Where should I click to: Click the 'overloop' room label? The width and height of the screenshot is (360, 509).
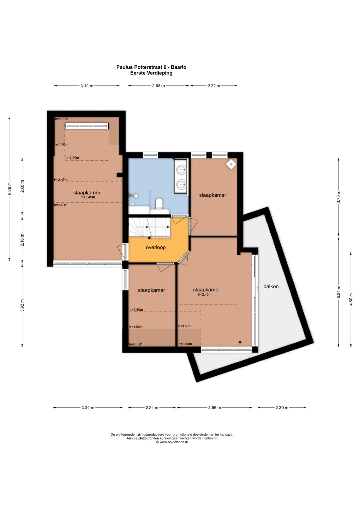tap(156, 247)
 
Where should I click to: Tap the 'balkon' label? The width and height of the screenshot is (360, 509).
tap(271, 286)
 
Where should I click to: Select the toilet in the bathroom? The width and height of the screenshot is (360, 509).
tap(159, 203)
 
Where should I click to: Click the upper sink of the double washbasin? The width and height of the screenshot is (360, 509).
tap(181, 170)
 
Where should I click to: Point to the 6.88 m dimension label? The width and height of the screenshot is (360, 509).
tap(9, 189)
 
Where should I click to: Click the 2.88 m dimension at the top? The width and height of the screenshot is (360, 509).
tap(158, 86)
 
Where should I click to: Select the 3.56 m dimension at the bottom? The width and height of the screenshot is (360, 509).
tap(215, 407)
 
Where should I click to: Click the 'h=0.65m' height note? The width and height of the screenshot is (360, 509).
tap(135, 344)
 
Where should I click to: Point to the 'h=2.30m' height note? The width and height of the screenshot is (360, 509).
tap(72, 157)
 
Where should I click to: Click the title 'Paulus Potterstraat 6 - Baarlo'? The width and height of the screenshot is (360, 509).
tap(151, 67)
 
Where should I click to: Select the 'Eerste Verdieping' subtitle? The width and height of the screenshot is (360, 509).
tap(151, 73)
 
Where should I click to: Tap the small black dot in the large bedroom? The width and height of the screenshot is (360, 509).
tap(240, 342)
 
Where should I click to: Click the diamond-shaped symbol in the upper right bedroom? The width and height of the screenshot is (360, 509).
tap(231, 164)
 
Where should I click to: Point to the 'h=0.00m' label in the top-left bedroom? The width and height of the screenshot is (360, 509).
tap(62, 119)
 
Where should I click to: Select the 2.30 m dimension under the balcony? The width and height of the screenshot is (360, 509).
tap(282, 407)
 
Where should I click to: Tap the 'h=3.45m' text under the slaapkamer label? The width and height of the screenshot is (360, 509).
tap(88, 197)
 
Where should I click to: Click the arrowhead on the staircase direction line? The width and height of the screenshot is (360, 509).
tap(168, 227)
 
